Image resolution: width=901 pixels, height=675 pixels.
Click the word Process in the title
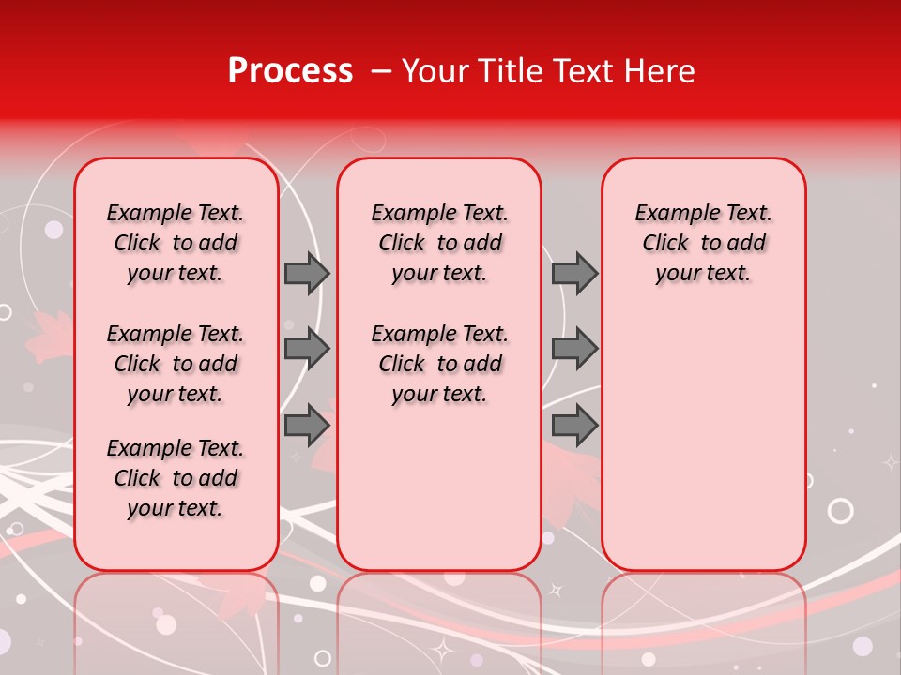point(289,71)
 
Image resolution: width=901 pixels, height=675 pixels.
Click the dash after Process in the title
point(380,72)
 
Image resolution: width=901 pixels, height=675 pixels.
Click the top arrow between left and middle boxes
point(307,273)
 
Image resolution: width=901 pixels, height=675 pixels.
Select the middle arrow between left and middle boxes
point(307,349)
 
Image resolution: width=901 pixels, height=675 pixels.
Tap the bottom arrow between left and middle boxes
point(307,426)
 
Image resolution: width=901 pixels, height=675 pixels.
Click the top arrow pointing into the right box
point(574,273)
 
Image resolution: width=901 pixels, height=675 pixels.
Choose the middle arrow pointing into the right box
point(574,349)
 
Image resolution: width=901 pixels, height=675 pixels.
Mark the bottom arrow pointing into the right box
point(574,426)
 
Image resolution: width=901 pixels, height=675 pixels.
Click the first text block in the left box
point(176,243)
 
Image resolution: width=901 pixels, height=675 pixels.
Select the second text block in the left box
point(176,364)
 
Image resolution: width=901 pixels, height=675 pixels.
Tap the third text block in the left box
point(176,478)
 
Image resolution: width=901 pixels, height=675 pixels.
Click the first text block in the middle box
point(439,243)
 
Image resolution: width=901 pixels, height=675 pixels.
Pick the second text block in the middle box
point(439,364)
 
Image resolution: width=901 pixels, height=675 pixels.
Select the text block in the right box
point(703,243)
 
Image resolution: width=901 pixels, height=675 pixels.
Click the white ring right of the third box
point(841,511)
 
